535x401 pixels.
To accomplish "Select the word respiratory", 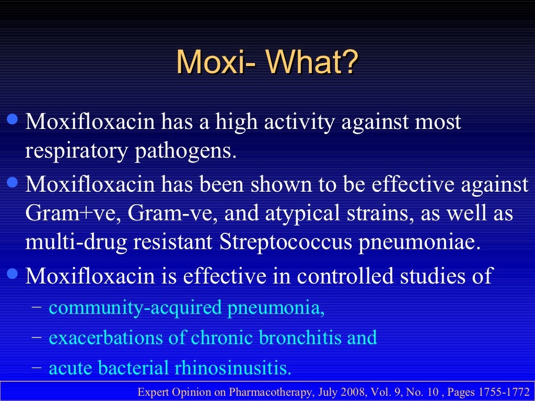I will (76, 151).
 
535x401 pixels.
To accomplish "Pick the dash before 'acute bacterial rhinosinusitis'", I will (37, 367).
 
